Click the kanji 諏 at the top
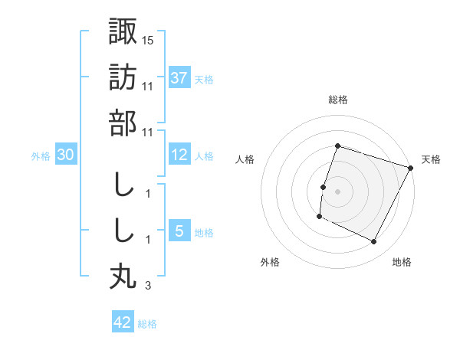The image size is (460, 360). pos(123,32)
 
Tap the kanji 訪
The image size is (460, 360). pos(123,77)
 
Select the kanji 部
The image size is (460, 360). pos(123,123)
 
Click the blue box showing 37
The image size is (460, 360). pos(179,77)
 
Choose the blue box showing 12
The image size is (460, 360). pos(179,155)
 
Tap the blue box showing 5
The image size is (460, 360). pos(179,231)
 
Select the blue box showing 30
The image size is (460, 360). pos(66,155)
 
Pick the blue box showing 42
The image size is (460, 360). pos(123,322)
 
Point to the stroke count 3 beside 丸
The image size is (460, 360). pos(147,286)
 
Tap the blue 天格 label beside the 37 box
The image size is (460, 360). pos(204,79)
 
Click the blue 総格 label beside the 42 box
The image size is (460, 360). pos(147,324)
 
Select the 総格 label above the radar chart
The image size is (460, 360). pos(337,100)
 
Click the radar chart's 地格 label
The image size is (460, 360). pos(402,263)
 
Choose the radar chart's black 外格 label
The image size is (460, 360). pos(270,263)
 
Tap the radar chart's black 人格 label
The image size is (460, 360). pos(245,159)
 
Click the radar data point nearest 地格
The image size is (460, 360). pos(373,242)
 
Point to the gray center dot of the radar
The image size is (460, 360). pos(337,191)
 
